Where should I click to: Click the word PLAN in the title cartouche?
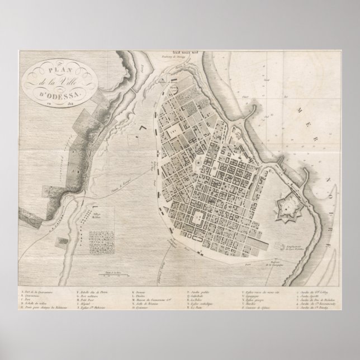pos(54,72)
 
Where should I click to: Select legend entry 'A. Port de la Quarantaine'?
pos(38,292)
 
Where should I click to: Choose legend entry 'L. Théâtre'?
pos(140,297)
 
